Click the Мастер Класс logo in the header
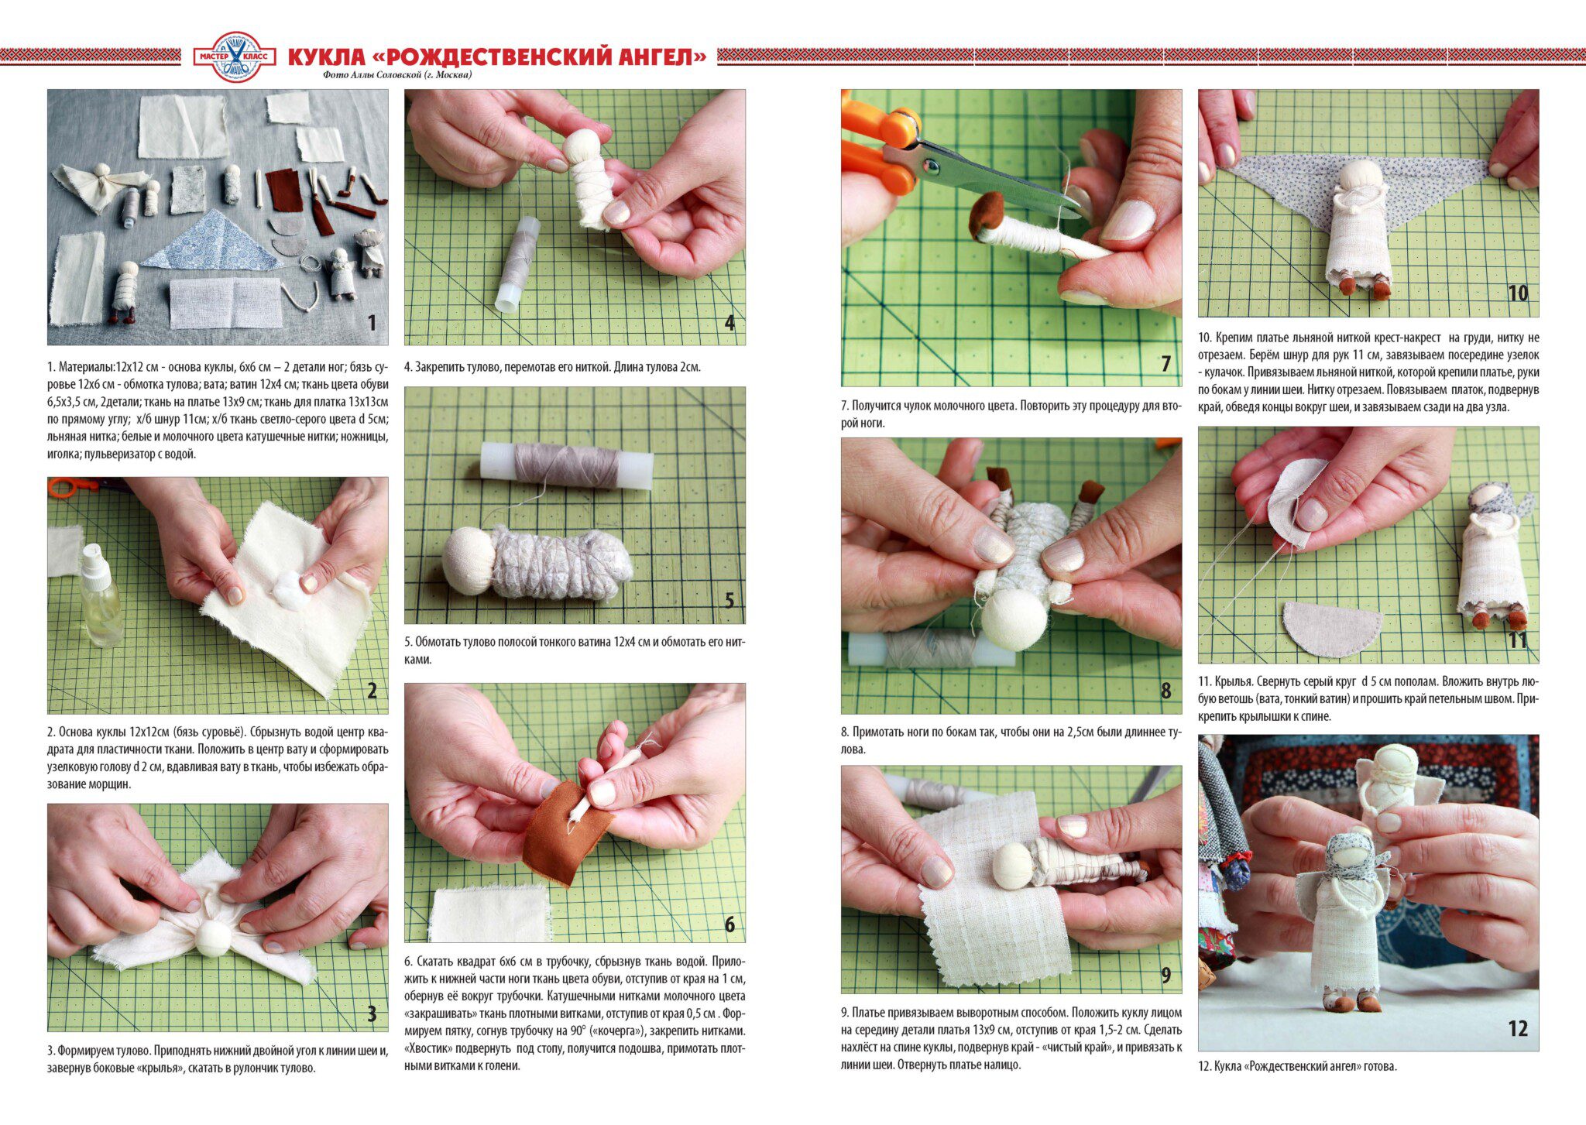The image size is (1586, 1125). (x=233, y=57)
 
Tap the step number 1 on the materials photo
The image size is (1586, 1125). (x=372, y=323)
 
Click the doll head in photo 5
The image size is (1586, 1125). (x=469, y=561)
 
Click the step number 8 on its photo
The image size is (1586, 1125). (x=1165, y=691)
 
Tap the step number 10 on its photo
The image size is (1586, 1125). (x=1517, y=293)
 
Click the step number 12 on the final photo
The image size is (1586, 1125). (x=1517, y=1028)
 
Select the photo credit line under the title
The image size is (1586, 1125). (x=398, y=75)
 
